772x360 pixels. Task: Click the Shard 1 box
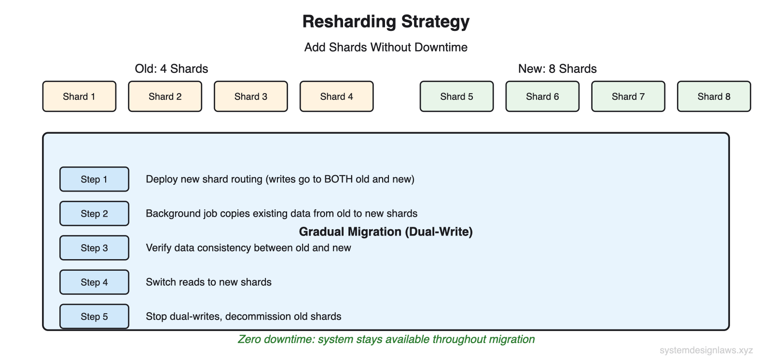(x=79, y=97)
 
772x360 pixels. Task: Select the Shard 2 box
(x=165, y=97)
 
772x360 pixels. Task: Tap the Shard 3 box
(x=251, y=97)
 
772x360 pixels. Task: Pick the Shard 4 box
(x=337, y=97)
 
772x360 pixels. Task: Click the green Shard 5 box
(x=456, y=97)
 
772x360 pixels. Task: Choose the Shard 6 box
(x=542, y=97)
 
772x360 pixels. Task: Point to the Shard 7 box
(x=628, y=97)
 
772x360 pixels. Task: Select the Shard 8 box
(x=714, y=97)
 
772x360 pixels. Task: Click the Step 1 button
(x=94, y=180)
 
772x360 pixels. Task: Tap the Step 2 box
(x=94, y=214)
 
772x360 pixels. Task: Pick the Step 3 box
(x=94, y=248)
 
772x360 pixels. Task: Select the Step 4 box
(x=94, y=282)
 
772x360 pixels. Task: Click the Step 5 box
(x=94, y=317)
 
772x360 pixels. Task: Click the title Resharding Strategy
(x=386, y=22)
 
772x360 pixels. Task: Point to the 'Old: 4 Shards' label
(x=171, y=69)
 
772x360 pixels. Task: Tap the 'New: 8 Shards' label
(x=557, y=69)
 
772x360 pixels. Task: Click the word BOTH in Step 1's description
(x=338, y=180)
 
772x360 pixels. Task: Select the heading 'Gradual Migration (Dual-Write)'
(x=386, y=232)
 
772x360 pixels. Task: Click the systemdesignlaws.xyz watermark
(x=706, y=350)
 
